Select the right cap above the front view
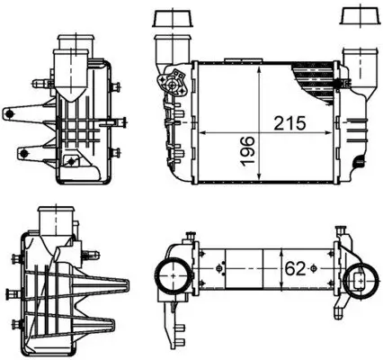tap(354, 18)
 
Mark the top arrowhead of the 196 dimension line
tap(259, 67)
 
